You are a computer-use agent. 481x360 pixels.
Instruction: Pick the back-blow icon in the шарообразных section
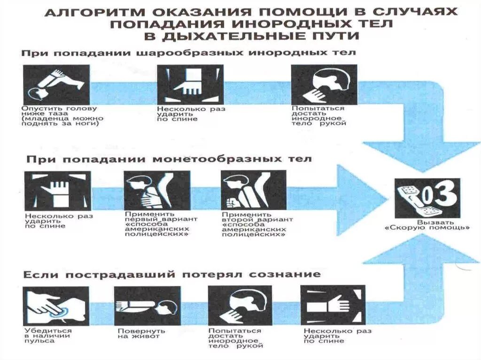tap(190, 84)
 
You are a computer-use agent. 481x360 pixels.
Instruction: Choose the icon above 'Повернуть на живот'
tap(147, 306)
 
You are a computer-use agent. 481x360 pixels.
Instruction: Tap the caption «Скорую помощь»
tap(427, 228)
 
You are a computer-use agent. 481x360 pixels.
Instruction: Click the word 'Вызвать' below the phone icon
tap(427, 222)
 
